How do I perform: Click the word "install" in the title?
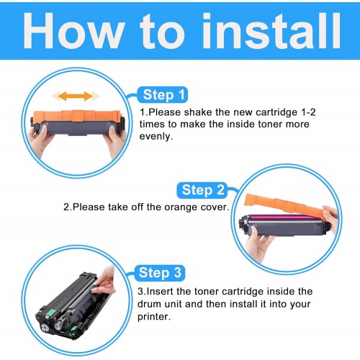[x=271, y=31]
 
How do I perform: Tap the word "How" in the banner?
[x=74, y=31]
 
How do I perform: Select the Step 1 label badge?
[x=163, y=95]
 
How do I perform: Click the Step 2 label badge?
[x=202, y=190]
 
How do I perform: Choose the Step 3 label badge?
[x=160, y=273]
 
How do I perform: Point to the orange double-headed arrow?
[x=76, y=96]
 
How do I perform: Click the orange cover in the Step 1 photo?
[x=77, y=116]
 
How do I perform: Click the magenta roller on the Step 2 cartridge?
[x=283, y=217]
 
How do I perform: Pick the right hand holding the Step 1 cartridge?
[x=117, y=142]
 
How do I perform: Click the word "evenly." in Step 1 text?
[x=156, y=137]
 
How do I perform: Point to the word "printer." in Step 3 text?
[x=154, y=317]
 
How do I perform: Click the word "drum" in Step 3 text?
[x=149, y=304]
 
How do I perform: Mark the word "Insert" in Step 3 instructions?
[x=160, y=292]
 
